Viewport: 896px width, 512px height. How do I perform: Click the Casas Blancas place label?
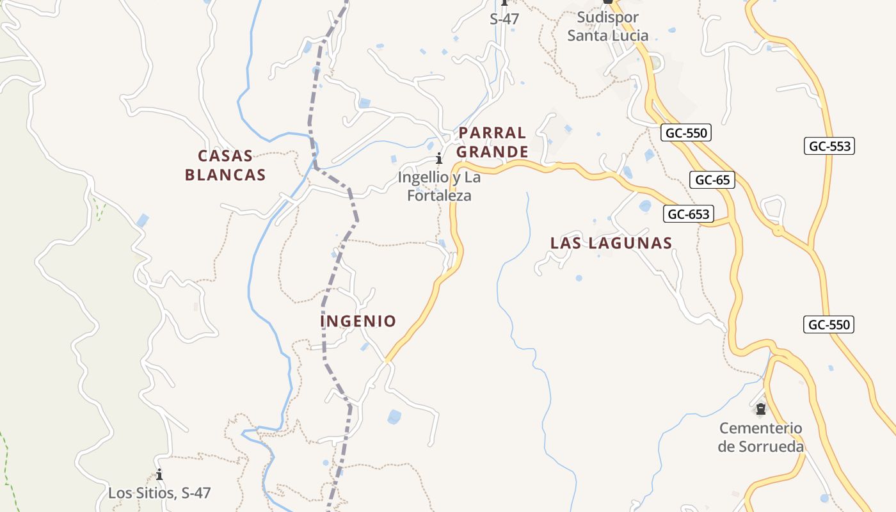(225, 165)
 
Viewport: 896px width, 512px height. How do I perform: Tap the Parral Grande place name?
(492, 142)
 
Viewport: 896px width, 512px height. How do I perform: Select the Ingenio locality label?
(358, 321)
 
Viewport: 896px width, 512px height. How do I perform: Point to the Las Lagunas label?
(611, 243)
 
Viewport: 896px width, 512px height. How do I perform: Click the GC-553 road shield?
(829, 146)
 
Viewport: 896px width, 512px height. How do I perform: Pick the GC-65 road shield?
(712, 180)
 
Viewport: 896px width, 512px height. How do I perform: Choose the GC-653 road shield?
(689, 214)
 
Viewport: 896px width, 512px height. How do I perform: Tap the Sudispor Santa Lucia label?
(607, 26)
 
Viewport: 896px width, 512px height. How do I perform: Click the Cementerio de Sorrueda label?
(760, 437)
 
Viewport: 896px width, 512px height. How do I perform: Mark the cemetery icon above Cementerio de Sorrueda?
(760, 408)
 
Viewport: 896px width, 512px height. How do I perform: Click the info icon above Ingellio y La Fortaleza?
(439, 159)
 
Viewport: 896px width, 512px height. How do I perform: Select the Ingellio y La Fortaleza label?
(439, 186)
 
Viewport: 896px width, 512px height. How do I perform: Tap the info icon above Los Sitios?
(159, 475)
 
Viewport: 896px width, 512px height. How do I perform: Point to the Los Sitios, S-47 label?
(159, 493)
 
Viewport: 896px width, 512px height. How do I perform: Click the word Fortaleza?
(439, 196)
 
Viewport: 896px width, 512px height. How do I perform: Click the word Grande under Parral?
(492, 152)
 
